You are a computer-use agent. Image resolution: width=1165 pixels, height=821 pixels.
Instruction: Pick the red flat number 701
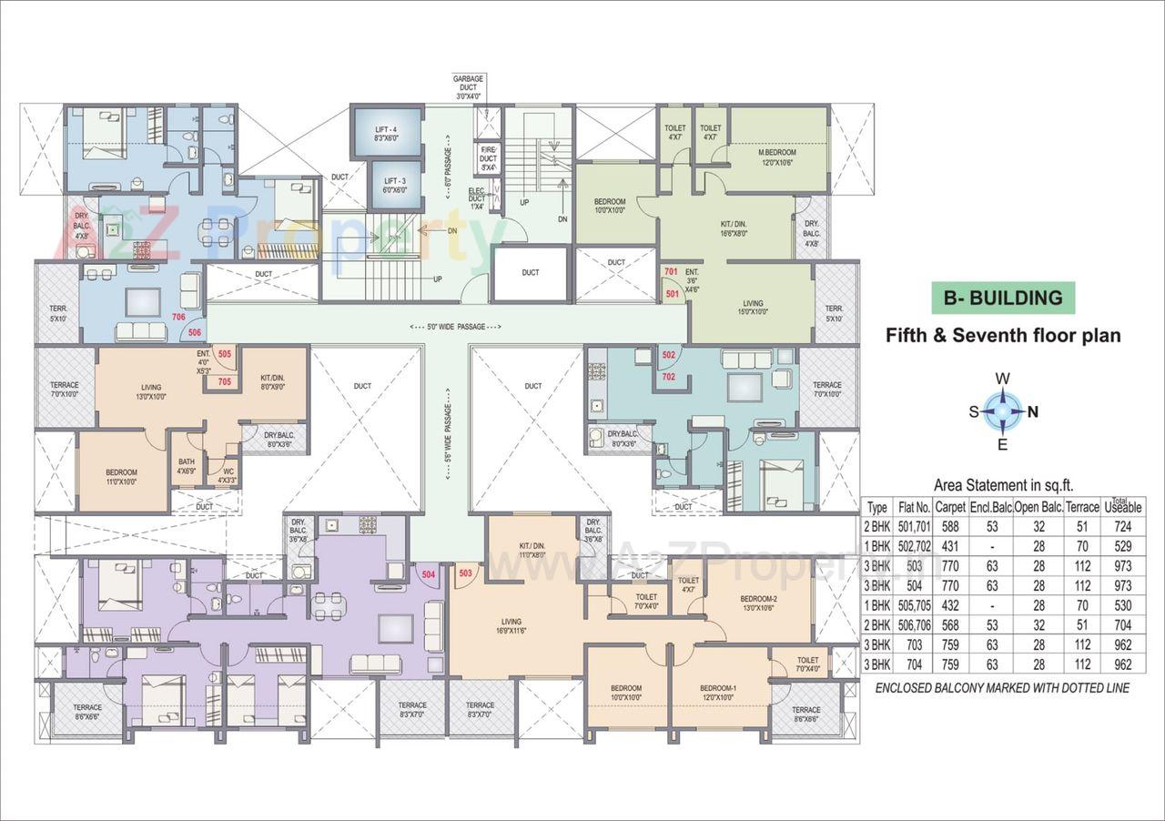point(672,272)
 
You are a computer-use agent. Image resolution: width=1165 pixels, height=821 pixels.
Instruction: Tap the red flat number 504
point(429,574)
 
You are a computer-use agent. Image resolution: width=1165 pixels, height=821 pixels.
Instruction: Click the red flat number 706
point(179,317)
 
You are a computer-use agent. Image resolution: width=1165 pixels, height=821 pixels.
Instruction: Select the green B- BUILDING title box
point(1002,298)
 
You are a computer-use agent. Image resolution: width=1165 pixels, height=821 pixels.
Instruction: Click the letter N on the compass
point(1033,411)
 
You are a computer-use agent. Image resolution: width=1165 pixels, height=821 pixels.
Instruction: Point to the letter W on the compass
point(1002,379)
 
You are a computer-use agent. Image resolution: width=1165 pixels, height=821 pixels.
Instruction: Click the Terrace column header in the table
point(1083,506)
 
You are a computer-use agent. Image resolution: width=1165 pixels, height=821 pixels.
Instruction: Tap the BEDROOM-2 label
point(758,603)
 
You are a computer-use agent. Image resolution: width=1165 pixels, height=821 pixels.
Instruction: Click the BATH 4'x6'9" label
point(186,467)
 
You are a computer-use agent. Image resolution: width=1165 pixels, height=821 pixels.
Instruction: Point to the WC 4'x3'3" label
point(227,476)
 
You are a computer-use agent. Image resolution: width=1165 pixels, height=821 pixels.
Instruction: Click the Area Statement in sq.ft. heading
point(1002,485)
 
